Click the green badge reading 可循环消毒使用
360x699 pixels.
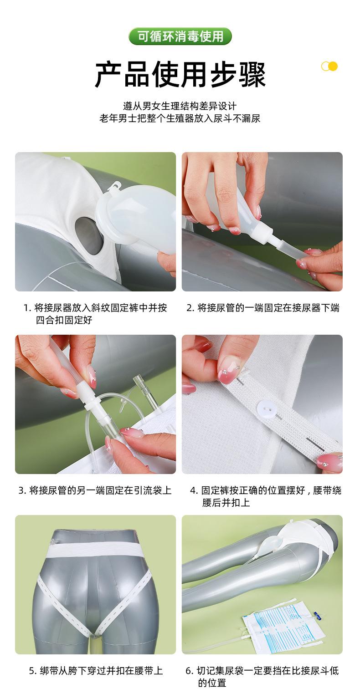[x=180, y=36]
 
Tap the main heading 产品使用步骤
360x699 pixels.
[x=180, y=74]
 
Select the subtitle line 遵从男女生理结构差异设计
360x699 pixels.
[x=180, y=106]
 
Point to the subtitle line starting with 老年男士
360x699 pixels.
[x=180, y=118]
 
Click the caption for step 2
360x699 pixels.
[x=263, y=308]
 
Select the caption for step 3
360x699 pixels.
[x=95, y=490]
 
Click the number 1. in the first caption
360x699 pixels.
[x=27, y=308]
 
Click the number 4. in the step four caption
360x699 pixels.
[x=194, y=490]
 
